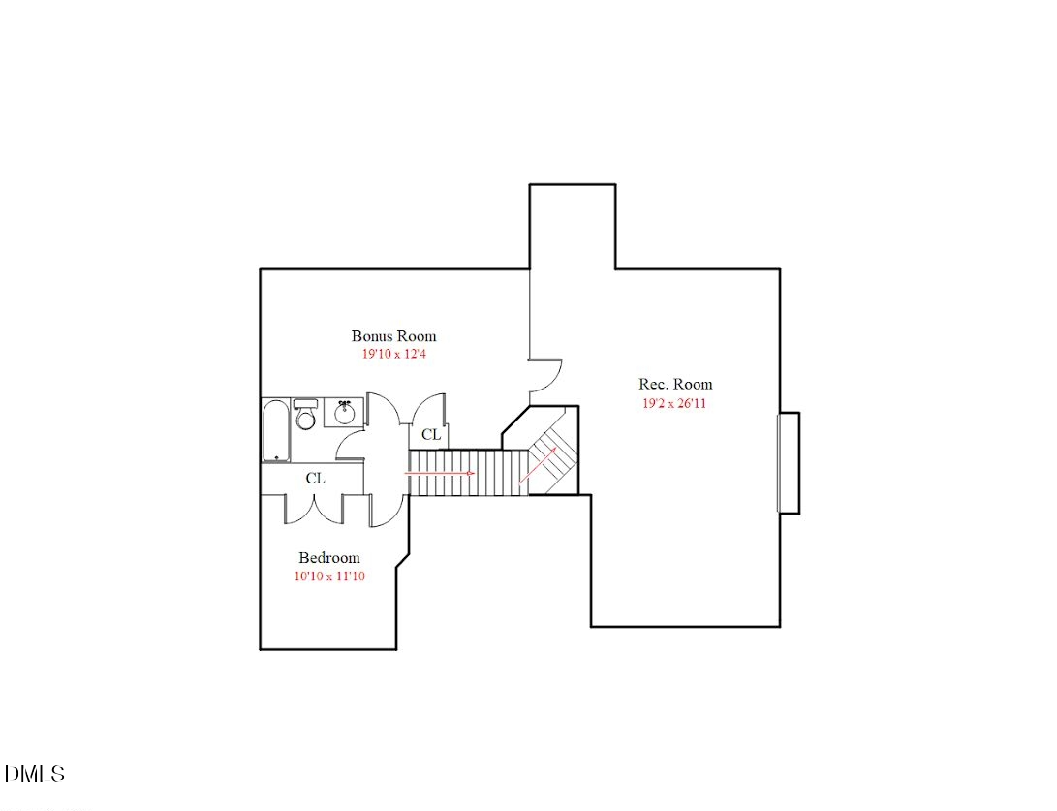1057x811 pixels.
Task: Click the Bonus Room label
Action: point(393,336)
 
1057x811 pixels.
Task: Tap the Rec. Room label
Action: point(675,385)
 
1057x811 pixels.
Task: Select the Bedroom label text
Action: point(328,558)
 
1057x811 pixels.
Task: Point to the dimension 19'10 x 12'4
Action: point(393,355)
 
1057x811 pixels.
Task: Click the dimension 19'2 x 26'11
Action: point(674,403)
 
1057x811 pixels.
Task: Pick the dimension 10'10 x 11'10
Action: point(328,577)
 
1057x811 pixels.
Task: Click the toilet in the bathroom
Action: point(305,416)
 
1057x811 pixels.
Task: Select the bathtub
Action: point(276,430)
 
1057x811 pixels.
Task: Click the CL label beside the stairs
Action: point(431,435)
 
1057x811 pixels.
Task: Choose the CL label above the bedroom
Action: point(315,479)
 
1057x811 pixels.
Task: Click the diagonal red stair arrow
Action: point(537,464)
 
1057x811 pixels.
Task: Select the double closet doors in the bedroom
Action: point(314,509)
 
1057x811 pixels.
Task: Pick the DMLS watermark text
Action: point(35,774)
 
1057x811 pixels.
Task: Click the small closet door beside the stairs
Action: point(428,409)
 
